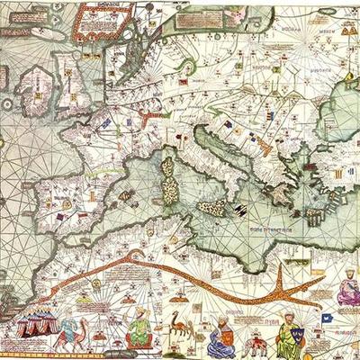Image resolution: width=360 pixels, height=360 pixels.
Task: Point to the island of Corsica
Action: [x=167, y=166]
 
